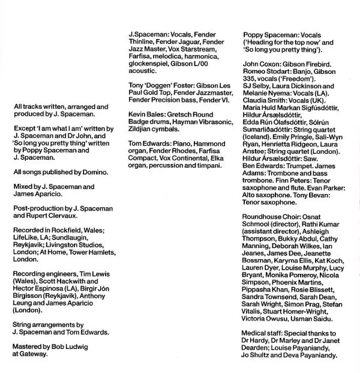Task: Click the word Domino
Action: [95, 172]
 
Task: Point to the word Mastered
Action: [28, 346]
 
